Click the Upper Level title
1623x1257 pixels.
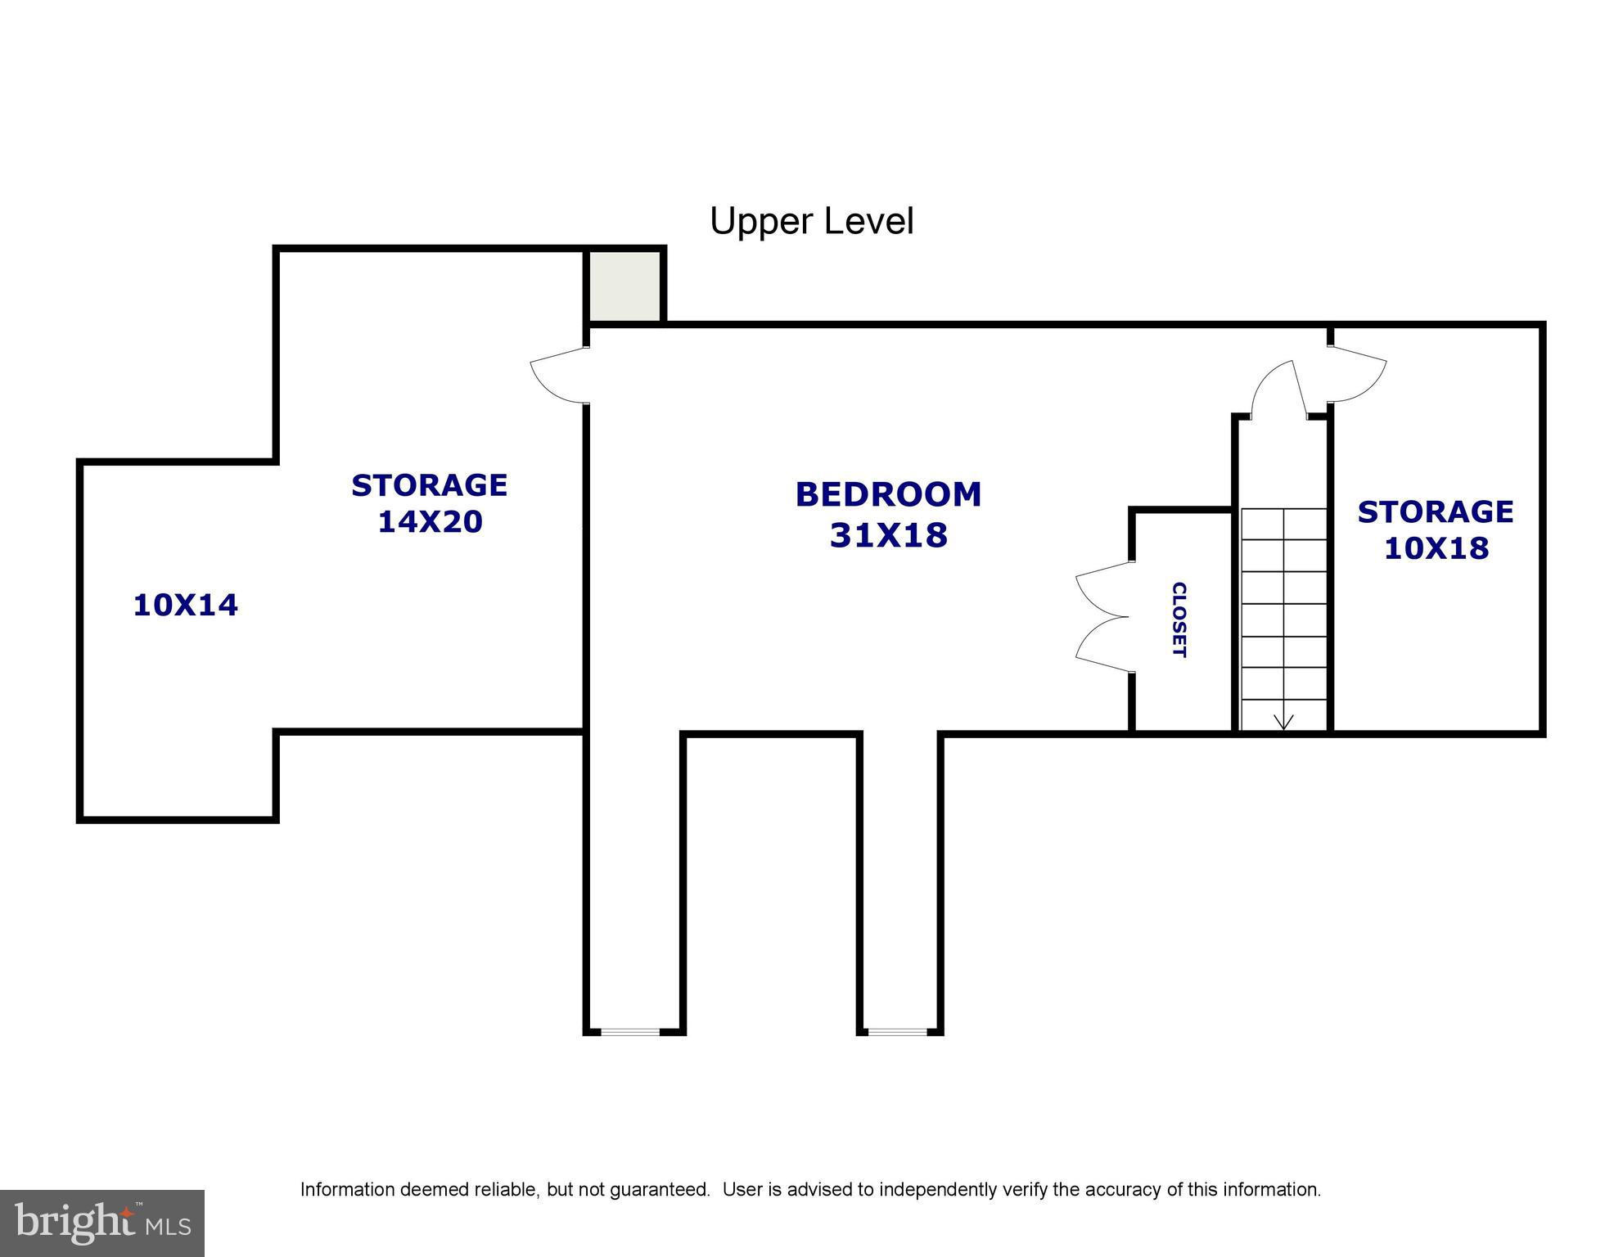tap(811, 221)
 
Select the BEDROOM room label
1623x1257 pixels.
tap(888, 494)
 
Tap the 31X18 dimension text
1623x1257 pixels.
tap(888, 535)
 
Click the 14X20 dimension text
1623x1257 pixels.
tap(430, 521)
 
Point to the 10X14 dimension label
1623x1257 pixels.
tap(185, 606)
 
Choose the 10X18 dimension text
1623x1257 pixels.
tap(1436, 547)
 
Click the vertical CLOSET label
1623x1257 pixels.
tap(1179, 619)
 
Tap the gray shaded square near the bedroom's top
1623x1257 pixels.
tap(625, 286)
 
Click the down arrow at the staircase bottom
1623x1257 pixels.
tap(1283, 720)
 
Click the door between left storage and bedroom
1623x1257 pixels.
tap(560, 375)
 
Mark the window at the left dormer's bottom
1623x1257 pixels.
tap(630, 1032)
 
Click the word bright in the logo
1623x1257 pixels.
tap(74, 1223)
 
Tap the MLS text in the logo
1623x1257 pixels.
tap(169, 1227)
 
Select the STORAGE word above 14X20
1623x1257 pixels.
tap(430, 485)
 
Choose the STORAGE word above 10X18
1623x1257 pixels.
tap(1436, 511)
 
